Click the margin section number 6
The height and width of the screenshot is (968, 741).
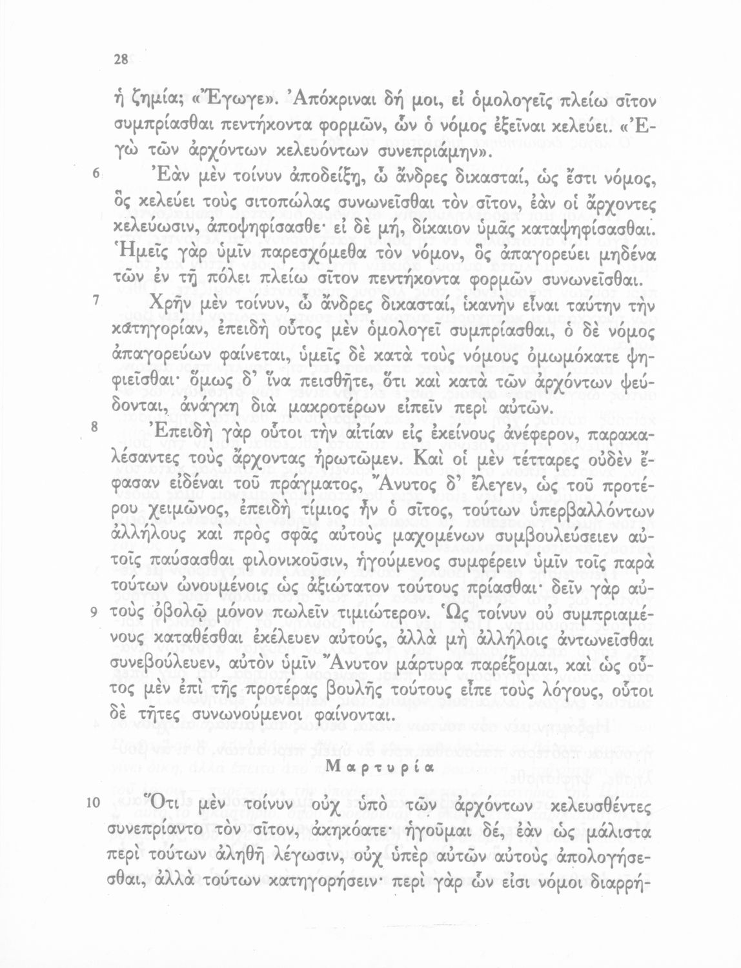[95, 174]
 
